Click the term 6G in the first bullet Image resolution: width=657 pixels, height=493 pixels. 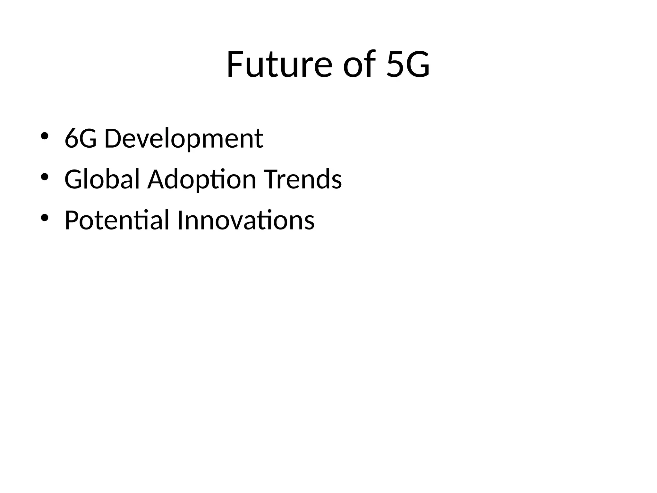tap(81, 139)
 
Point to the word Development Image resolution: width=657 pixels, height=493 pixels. tap(183, 139)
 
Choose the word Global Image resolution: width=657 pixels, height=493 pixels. tap(102, 179)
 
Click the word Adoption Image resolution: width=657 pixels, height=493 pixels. tap(202, 179)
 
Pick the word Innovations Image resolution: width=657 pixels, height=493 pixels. tap(246, 220)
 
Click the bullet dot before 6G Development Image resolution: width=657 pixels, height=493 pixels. tap(44, 136)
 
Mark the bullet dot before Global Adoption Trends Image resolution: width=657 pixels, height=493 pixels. tap(44, 177)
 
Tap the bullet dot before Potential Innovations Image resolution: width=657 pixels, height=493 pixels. tap(44, 218)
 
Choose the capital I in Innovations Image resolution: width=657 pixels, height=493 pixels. tap(180, 220)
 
